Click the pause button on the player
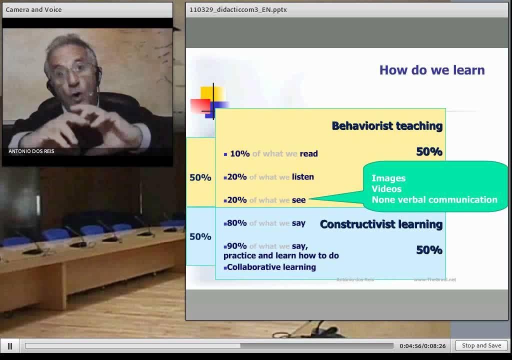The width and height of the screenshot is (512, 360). click(x=9, y=345)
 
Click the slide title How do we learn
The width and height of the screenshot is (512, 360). click(x=432, y=70)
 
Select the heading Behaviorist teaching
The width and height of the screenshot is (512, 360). click(x=387, y=126)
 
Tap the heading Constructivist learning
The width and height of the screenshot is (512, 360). click(x=381, y=224)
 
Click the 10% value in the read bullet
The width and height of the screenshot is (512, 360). click(x=239, y=154)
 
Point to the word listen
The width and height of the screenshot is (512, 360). click(x=303, y=177)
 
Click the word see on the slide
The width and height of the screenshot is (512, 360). click(x=298, y=200)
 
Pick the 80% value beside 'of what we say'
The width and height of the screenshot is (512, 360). click(x=236, y=223)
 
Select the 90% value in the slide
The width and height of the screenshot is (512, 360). click(x=236, y=246)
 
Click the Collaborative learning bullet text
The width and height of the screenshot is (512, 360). click(x=271, y=267)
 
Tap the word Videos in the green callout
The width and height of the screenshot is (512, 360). click(x=386, y=189)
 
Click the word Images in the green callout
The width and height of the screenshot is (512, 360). click(x=388, y=178)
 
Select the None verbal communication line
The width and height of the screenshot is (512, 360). click(x=434, y=199)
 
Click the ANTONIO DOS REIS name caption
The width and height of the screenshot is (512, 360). click(x=31, y=151)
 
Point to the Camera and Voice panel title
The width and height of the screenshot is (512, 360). click(x=33, y=9)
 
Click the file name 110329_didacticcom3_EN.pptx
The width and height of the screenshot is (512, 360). click(x=238, y=9)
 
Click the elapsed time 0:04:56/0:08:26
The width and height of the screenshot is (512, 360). click(x=422, y=346)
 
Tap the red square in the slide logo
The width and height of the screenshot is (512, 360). click(x=199, y=105)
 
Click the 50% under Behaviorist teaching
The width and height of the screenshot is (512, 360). click(x=429, y=152)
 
